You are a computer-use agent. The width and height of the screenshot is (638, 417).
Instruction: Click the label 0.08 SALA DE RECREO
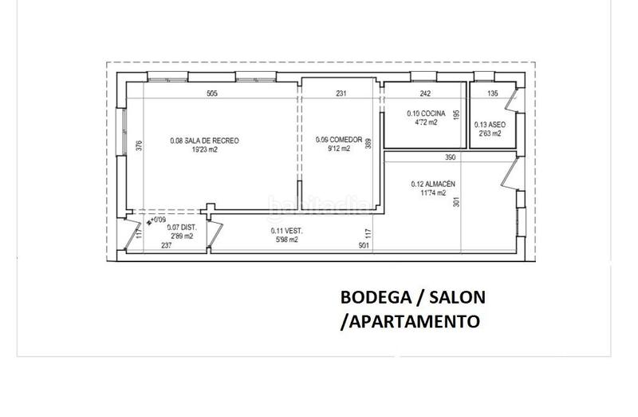click(x=204, y=141)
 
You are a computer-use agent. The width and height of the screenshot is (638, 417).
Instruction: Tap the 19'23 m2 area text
click(x=204, y=149)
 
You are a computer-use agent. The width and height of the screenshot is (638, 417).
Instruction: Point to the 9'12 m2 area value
click(x=339, y=148)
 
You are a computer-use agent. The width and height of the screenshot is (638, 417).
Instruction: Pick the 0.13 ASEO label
click(x=487, y=125)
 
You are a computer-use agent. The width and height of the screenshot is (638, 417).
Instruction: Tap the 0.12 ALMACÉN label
click(x=433, y=184)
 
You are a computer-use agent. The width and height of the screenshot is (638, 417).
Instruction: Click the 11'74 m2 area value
click(x=433, y=193)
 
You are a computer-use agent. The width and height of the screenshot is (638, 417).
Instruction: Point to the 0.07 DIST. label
click(x=178, y=227)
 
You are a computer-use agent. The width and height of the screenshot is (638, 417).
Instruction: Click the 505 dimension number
click(x=211, y=93)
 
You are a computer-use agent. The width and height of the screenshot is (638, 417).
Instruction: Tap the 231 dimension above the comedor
click(x=341, y=93)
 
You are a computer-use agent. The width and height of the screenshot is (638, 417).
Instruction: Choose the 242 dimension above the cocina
click(x=424, y=93)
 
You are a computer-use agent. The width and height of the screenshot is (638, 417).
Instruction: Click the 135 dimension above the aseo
click(x=492, y=93)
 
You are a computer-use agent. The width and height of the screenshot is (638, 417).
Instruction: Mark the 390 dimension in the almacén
click(x=450, y=157)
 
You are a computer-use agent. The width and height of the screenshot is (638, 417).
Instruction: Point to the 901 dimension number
click(x=364, y=245)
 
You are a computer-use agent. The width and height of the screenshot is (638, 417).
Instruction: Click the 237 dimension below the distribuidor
click(x=166, y=245)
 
